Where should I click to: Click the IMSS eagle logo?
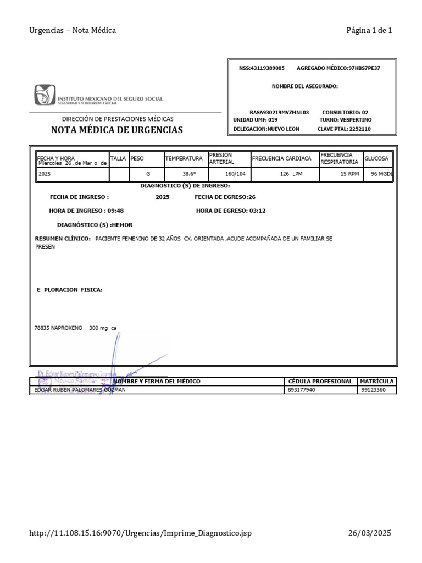point(45,95)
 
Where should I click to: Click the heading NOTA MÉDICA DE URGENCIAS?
point(117,130)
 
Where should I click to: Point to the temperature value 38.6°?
point(190,174)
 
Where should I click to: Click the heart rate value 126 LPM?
point(291,174)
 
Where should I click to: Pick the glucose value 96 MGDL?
point(382,174)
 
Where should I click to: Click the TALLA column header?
point(118,158)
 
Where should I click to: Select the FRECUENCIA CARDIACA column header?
point(281,158)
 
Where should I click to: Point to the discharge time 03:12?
point(256,211)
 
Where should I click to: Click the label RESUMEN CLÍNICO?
point(63,239)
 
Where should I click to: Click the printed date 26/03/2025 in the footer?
point(370,533)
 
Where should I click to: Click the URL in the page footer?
point(141,533)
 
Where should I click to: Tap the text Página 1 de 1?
point(369,31)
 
